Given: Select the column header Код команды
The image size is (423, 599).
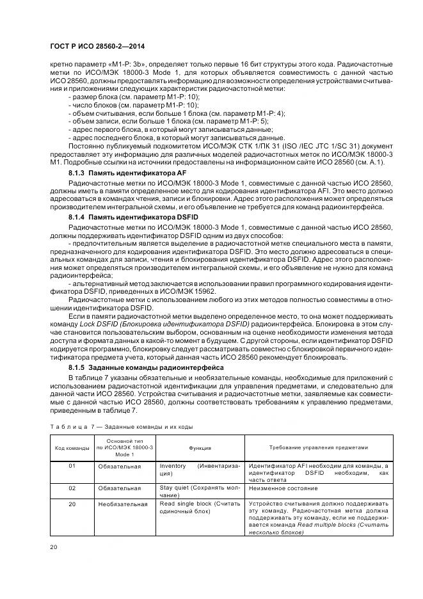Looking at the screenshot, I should pos(71,448).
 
